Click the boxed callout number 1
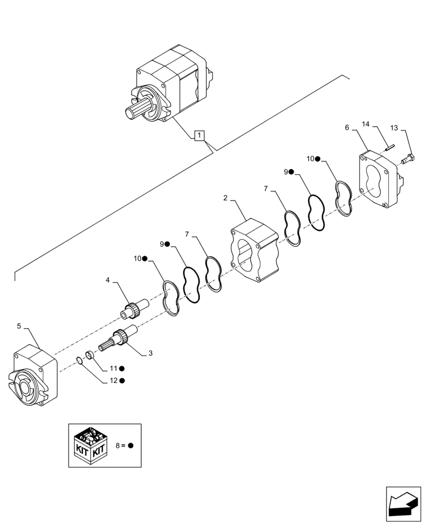tap(199, 136)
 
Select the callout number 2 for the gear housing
tap(225, 198)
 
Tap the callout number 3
tap(150, 354)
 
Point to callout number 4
tap(108, 280)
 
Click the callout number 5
tap(19, 326)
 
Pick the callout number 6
tap(347, 127)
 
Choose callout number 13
tap(394, 128)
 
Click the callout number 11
tap(114, 369)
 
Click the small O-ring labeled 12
tap(79, 360)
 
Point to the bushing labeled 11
tap(89, 356)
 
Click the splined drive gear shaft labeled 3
tap(121, 336)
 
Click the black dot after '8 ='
tap(130, 445)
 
